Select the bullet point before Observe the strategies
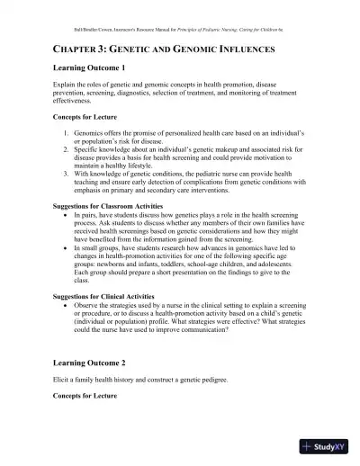coord(69,307)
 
